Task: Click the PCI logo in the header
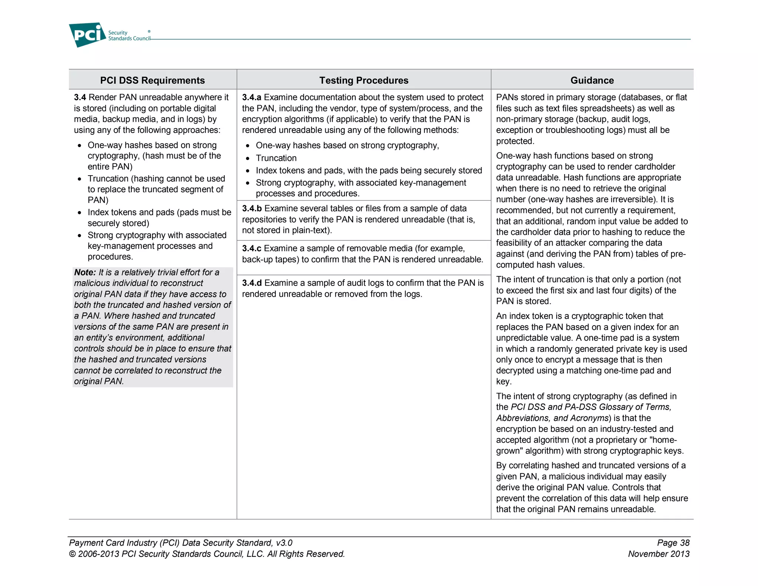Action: click(87, 35)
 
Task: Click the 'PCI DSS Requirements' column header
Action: click(152, 80)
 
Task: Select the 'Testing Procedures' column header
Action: click(364, 80)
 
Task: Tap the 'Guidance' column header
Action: click(592, 80)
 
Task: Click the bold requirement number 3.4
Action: click(80, 97)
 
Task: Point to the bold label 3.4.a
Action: click(252, 97)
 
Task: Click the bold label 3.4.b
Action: click(252, 209)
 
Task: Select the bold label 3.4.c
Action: click(252, 249)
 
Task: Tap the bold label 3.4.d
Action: click(252, 283)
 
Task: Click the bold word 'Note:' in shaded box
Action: click(85, 273)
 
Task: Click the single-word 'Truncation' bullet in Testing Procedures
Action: click(276, 158)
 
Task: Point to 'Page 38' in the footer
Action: click(673, 543)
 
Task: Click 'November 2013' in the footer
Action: click(659, 554)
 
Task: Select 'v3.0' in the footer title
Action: click(284, 543)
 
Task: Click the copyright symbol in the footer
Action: click(73, 554)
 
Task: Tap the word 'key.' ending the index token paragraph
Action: click(504, 382)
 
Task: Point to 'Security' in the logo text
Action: click(118, 33)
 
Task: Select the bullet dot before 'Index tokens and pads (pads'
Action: click(80, 213)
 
